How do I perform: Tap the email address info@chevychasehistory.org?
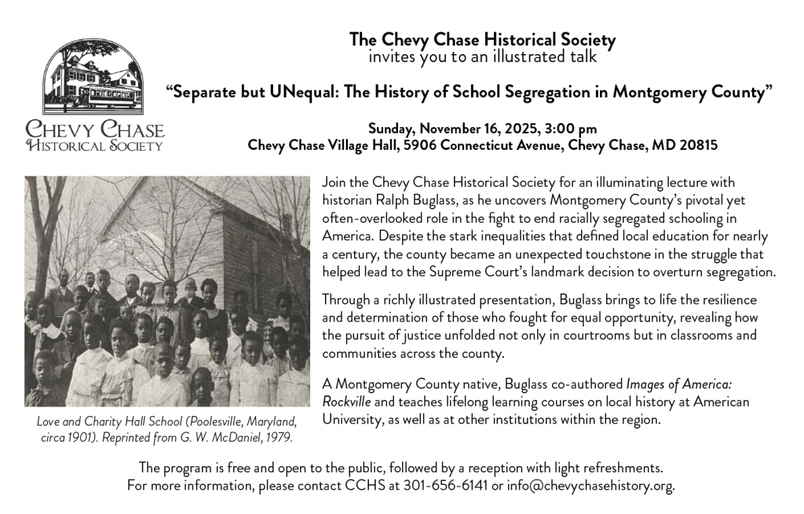[590, 486]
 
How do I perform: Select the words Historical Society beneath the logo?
[95, 145]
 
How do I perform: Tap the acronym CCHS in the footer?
[366, 486]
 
